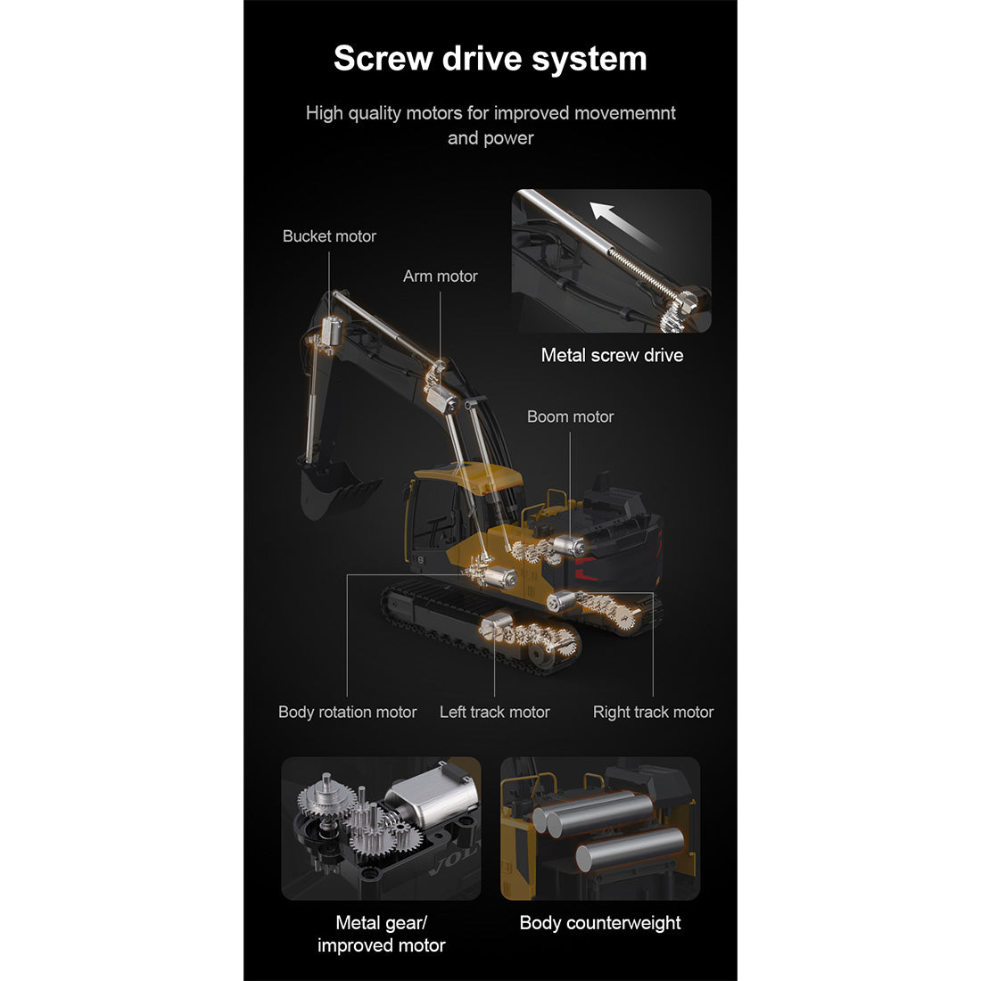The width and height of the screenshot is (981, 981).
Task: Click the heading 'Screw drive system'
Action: [490, 59]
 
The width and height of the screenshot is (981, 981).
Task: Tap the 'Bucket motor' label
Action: [329, 236]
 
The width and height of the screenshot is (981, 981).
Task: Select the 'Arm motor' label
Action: [440, 276]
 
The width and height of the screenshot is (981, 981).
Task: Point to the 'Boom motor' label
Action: [570, 416]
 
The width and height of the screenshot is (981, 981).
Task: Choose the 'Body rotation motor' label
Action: [347, 712]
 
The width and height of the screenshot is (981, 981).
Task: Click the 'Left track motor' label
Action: [494, 712]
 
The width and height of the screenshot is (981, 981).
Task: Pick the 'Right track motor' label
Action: [653, 712]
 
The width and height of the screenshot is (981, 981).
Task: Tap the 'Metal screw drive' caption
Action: [612, 355]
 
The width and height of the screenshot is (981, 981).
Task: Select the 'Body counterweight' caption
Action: [600, 923]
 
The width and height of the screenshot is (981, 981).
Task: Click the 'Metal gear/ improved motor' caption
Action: [381, 934]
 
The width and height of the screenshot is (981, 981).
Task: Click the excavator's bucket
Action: [334, 490]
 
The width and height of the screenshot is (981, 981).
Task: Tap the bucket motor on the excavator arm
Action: [332, 332]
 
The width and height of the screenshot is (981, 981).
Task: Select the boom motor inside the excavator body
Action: [570, 546]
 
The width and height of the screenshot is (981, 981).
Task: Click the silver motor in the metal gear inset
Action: [432, 797]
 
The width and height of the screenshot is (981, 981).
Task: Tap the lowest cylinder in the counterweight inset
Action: [630, 849]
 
